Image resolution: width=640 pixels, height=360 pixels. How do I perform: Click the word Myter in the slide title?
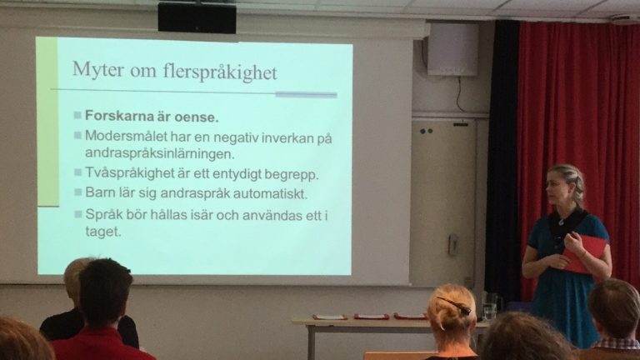click(98, 70)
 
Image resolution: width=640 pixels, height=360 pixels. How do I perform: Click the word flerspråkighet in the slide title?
click(220, 72)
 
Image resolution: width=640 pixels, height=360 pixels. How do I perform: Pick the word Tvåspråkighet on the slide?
click(129, 173)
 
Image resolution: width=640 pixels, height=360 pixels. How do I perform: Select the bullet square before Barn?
click(78, 192)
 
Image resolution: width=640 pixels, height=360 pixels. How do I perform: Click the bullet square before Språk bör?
click(78, 214)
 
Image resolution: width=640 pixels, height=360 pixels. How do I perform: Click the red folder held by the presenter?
click(584, 253)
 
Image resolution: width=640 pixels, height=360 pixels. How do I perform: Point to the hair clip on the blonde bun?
click(453, 305)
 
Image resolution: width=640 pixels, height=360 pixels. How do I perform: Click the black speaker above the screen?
click(197, 17)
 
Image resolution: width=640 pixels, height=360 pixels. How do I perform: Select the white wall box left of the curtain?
click(452, 49)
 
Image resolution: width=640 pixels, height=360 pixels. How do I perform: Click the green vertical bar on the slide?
click(47, 122)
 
